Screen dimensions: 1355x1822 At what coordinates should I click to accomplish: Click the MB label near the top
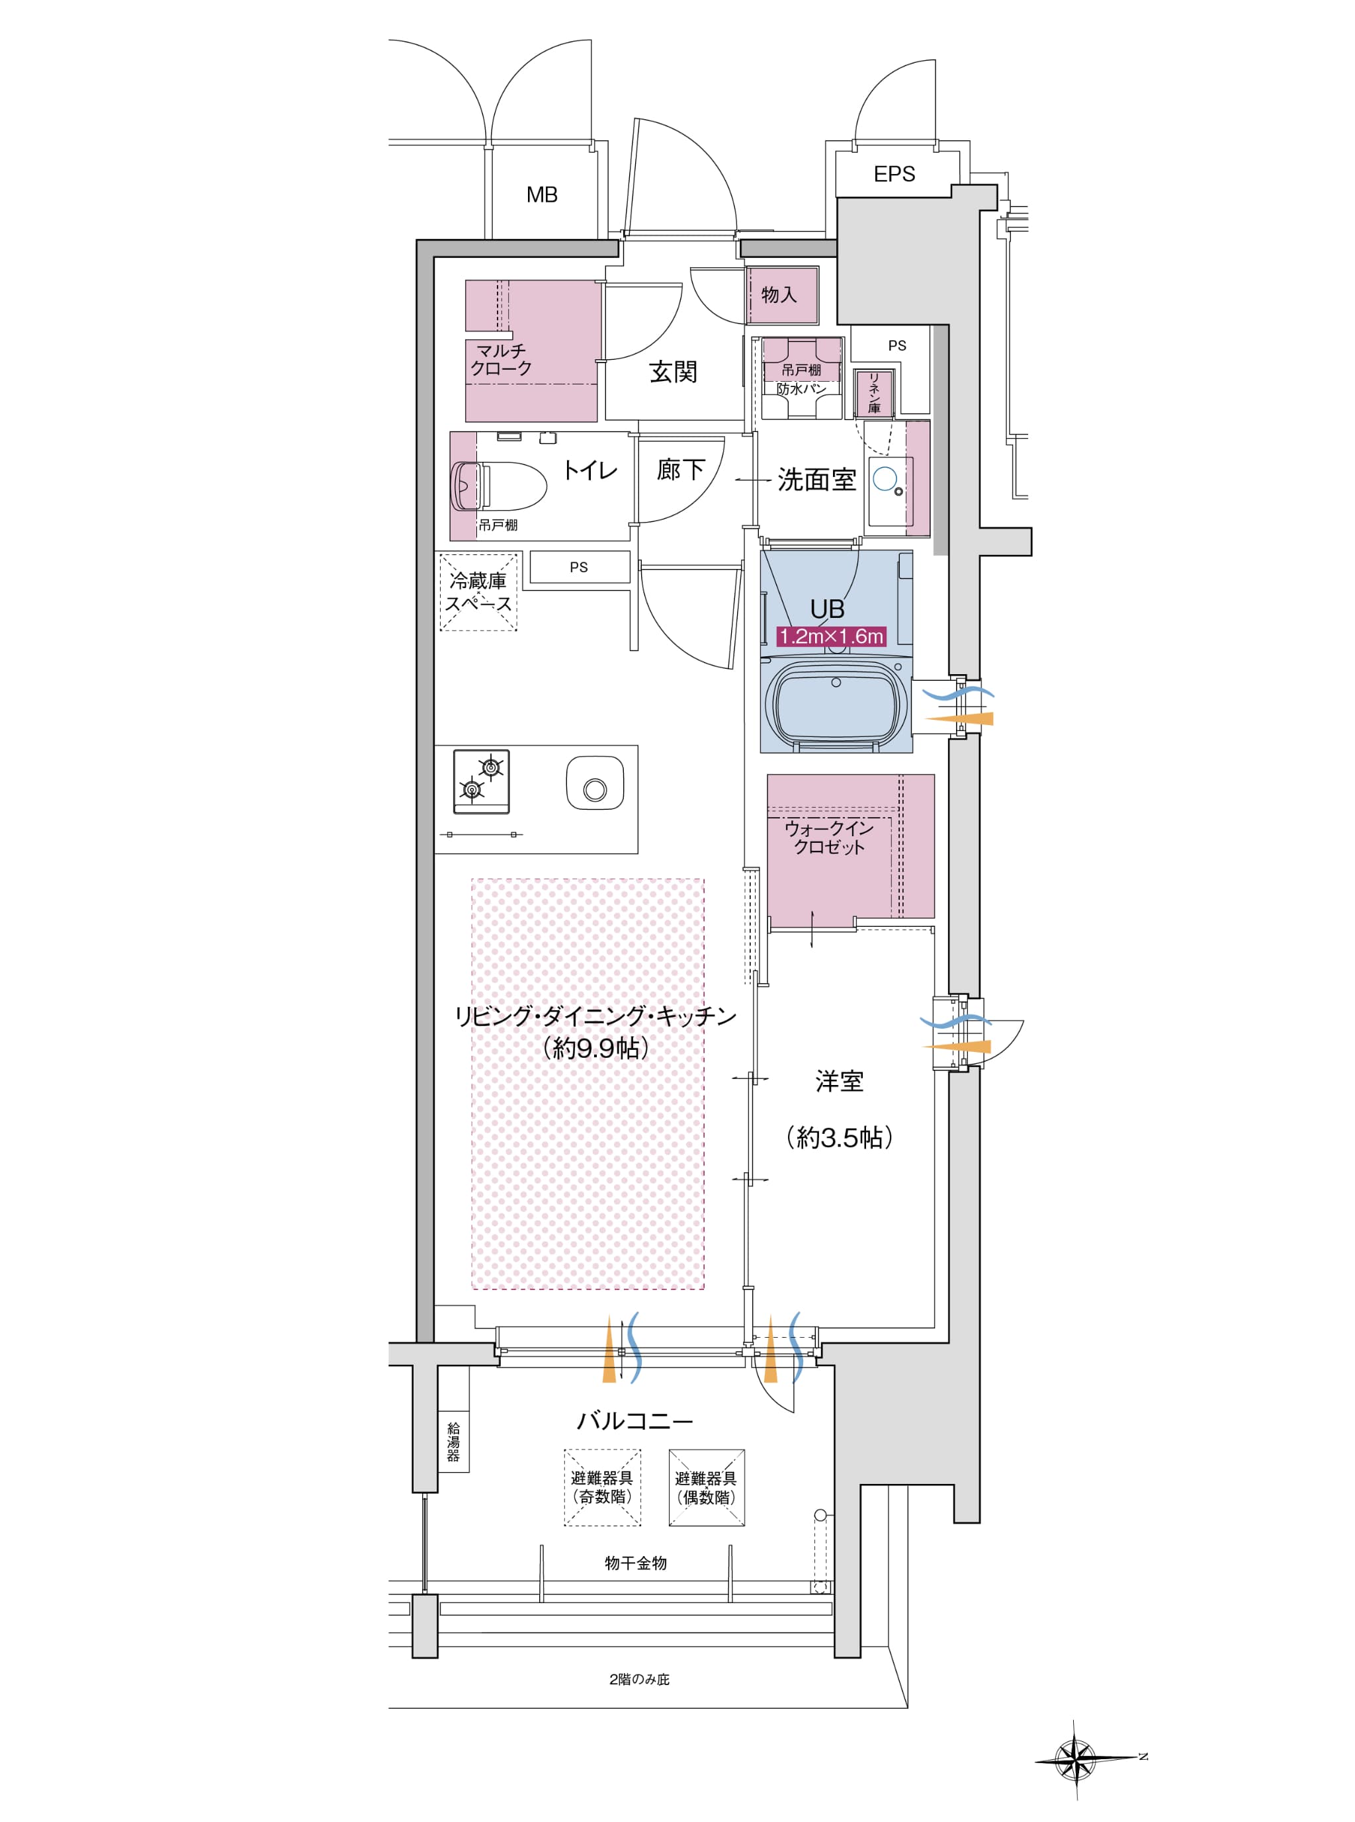[541, 195]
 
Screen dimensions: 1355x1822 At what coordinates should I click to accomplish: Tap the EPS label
[894, 174]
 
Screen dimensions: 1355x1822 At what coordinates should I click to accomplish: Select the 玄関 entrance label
[673, 371]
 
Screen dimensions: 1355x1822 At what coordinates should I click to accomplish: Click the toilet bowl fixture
[498, 486]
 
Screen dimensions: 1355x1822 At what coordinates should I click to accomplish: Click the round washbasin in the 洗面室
[885, 478]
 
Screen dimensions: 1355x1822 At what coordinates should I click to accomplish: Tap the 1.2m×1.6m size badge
[831, 636]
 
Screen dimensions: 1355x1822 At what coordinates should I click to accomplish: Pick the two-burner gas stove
[482, 781]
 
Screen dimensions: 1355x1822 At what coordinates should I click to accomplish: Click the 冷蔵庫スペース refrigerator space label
[478, 592]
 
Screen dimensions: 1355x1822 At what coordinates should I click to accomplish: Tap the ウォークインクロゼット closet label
[829, 837]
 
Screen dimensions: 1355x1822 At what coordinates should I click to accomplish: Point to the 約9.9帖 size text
[595, 1048]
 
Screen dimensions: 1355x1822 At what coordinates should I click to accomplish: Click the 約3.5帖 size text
[839, 1137]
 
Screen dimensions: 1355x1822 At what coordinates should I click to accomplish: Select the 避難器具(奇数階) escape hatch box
[602, 1487]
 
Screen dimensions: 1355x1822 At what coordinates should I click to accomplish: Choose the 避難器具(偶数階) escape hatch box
[706, 1487]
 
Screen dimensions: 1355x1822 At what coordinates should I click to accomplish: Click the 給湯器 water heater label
[453, 1442]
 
